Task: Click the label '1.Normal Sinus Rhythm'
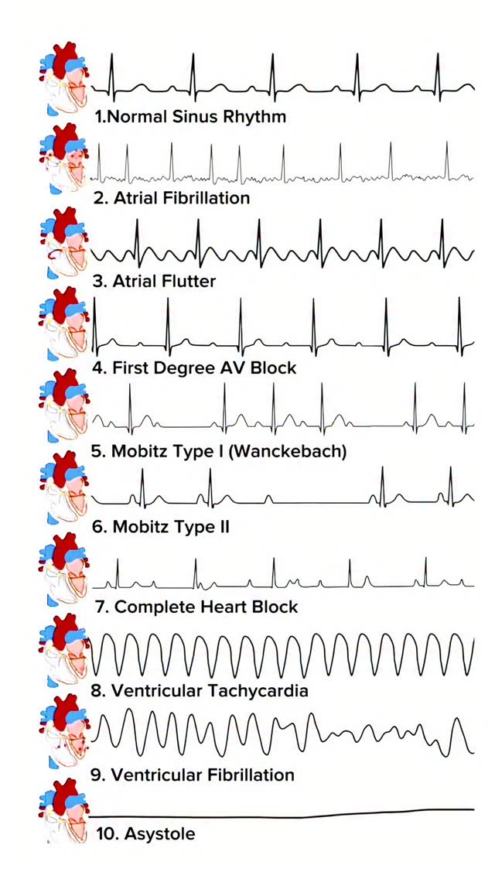pos(190,117)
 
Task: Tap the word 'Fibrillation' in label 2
pos(202,198)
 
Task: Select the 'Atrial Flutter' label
pos(154,280)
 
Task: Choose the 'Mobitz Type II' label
pos(160,527)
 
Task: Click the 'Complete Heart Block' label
pos(196,607)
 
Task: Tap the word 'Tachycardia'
pos(260,690)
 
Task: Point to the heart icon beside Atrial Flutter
pos(63,242)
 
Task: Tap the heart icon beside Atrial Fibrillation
pos(63,160)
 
